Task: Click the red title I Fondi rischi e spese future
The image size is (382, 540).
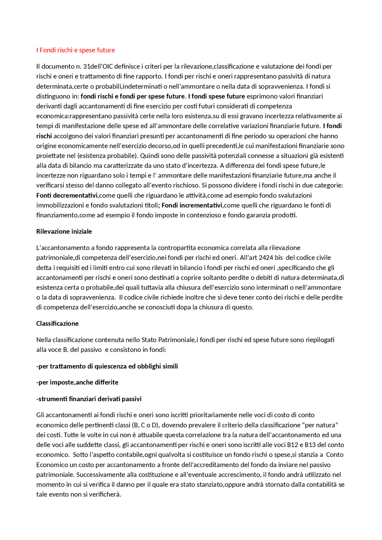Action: tap(76, 50)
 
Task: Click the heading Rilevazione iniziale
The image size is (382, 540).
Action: tap(64, 232)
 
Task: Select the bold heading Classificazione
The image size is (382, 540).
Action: tap(57, 324)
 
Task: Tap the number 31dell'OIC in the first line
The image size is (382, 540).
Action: tap(98, 66)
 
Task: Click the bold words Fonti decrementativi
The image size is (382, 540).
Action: tap(67, 196)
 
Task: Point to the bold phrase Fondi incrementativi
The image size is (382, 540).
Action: tap(192, 205)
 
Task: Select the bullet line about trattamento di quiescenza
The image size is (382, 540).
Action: tap(107, 366)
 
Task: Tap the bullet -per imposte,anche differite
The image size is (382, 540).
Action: tap(77, 383)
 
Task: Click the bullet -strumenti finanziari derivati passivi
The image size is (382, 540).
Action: tap(89, 399)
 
